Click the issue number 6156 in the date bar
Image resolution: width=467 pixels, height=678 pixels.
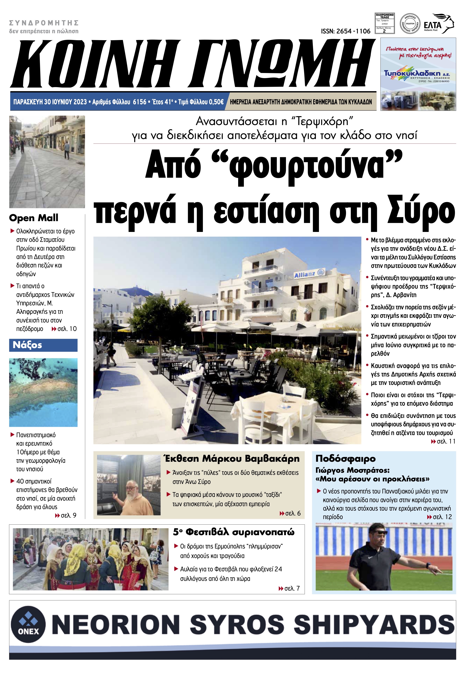[x=139, y=102]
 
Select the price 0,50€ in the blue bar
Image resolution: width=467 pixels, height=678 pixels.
[x=213, y=102]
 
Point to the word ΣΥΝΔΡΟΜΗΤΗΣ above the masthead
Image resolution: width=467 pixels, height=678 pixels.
[x=44, y=23]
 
